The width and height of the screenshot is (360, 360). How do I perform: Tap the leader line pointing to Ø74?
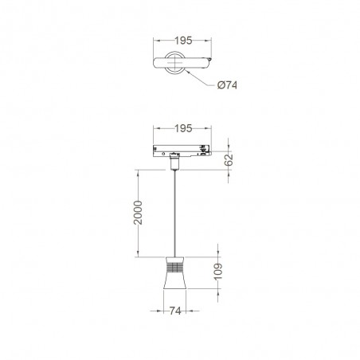click(x=201, y=77)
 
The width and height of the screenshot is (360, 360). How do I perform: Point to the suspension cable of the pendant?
click(x=173, y=215)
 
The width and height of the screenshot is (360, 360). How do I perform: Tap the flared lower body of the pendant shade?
click(x=173, y=285)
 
